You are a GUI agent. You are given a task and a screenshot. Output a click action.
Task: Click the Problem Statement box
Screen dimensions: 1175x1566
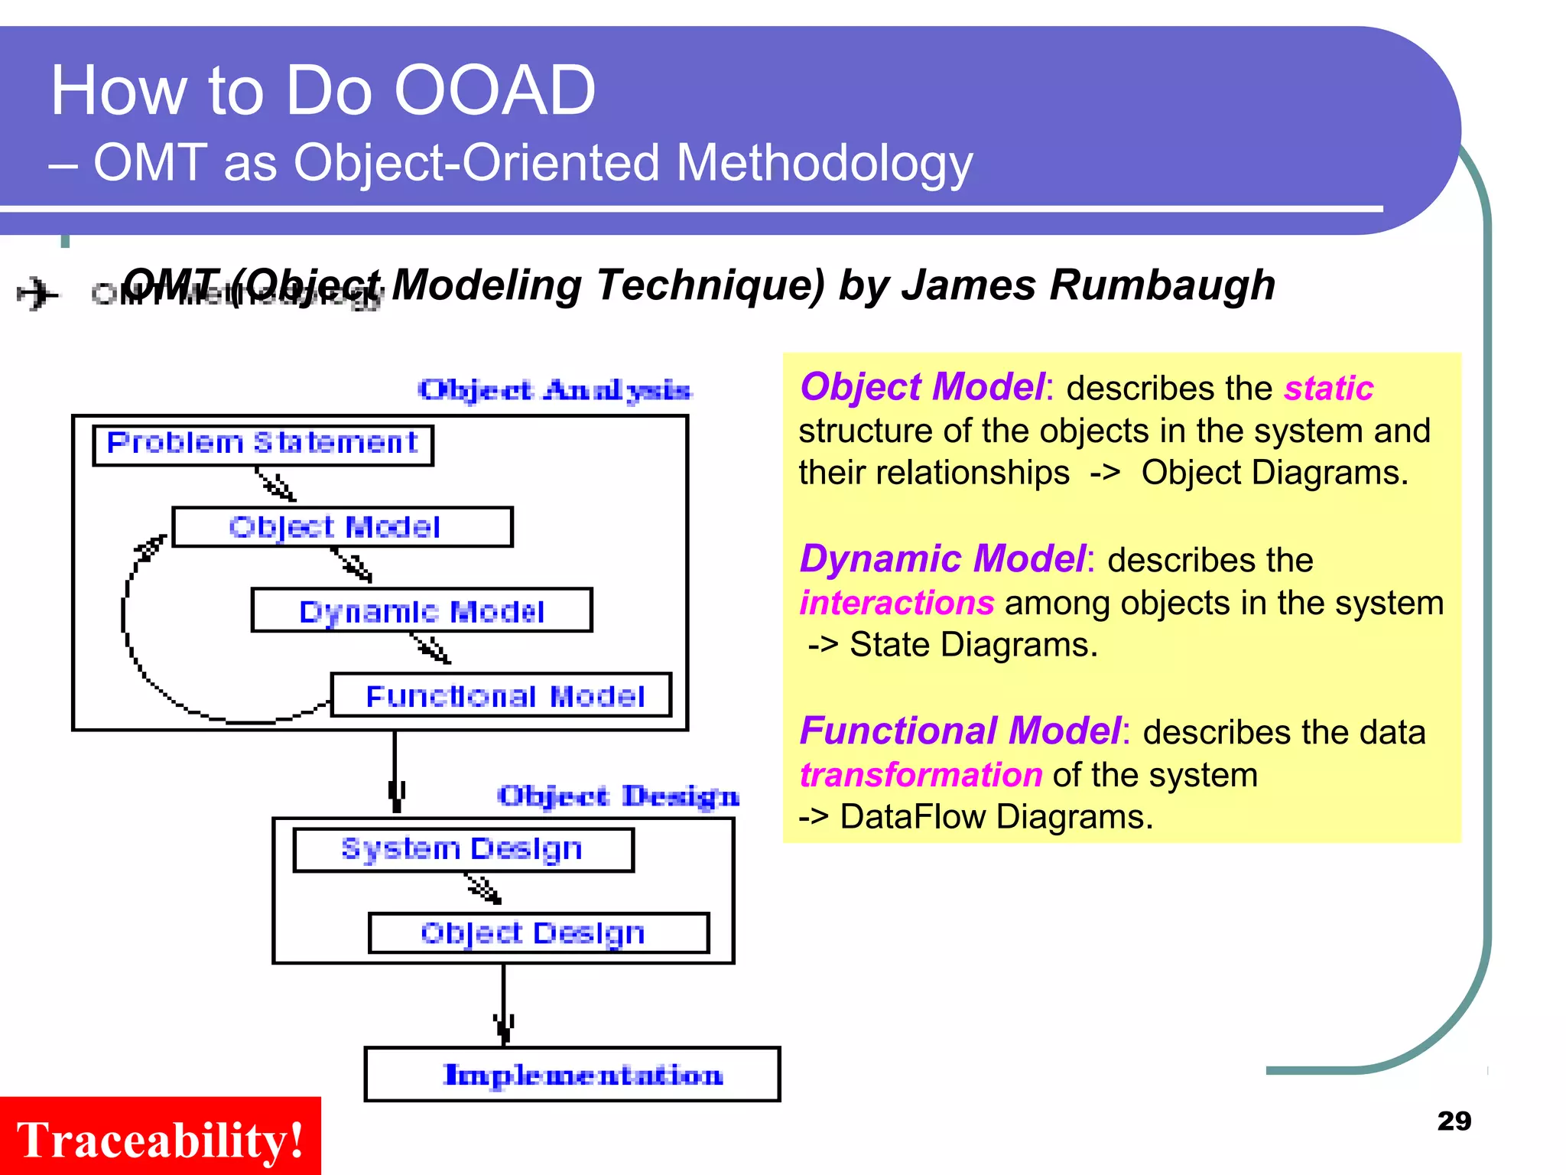(262, 445)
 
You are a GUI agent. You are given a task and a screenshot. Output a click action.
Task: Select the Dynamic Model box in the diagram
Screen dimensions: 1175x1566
(421, 610)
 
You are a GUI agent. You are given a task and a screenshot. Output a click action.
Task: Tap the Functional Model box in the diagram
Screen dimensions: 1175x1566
(502, 695)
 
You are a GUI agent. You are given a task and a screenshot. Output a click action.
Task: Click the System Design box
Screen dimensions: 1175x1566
(463, 849)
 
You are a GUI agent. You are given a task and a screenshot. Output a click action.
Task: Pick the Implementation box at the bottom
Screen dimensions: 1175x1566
(572, 1074)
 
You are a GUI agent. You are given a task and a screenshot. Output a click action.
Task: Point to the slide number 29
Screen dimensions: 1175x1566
(1454, 1121)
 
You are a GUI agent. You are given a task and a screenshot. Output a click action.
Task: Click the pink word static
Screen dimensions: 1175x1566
(1328, 388)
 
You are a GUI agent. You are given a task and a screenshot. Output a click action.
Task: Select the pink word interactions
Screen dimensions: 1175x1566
(896, 603)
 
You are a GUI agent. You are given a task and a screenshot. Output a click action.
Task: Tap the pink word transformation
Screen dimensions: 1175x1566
(921, 775)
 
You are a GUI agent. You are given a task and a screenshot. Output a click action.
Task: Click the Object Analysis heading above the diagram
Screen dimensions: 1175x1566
(555, 390)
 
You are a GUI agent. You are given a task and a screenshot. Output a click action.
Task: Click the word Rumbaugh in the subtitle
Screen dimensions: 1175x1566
(1162, 285)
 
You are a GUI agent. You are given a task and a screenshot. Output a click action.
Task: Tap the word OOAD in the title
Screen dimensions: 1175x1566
(494, 90)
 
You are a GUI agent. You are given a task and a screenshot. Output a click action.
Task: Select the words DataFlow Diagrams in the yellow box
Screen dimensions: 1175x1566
(996, 817)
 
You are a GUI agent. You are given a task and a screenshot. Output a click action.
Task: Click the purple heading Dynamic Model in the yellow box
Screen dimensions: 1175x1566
(942, 558)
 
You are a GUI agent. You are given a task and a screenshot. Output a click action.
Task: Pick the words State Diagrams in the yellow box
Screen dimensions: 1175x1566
(973, 645)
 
